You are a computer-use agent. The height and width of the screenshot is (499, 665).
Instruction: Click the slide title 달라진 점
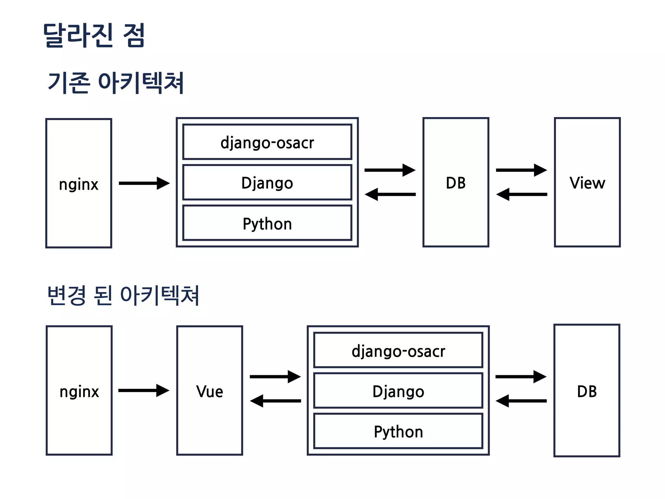pyautogui.click(x=94, y=35)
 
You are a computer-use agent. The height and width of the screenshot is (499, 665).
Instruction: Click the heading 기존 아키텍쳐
pyautogui.click(x=116, y=83)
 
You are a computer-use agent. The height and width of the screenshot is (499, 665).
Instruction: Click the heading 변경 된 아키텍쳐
pyautogui.click(x=123, y=295)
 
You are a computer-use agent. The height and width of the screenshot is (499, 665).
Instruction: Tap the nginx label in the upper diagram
pyautogui.click(x=79, y=185)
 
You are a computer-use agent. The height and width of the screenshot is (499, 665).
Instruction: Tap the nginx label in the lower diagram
pyautogui.click(x=79, y=391)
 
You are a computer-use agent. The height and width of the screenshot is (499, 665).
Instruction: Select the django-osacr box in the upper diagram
pyautogui.click(x=267, y=142)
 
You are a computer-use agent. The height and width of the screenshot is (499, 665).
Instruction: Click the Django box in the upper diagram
pyautogui.click(x=267, y=183)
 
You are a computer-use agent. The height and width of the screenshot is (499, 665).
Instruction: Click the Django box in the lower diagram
pyautogui.click(x=398, y=391)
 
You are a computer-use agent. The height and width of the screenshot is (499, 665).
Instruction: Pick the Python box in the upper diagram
pyautogui.click(x=267, y=224)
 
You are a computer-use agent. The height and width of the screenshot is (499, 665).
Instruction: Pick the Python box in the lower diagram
pyautogui.click(x=398, y=431)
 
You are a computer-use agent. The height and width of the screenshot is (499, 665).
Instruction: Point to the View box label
pyautogui.click(x=587, y=183)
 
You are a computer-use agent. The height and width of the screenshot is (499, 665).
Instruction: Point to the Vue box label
pyautogui.click(x=210, y=391)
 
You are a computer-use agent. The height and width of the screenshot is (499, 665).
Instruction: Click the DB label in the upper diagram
pyautogui.click(x=456, y=183)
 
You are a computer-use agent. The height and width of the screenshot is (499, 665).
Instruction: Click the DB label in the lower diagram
pyautogui.click(x=587, y=391)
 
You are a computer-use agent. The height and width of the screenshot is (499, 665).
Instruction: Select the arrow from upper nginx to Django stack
pyautogui.click(x=144, y=183)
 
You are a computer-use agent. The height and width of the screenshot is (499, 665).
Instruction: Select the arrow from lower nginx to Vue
pyautogui.click(x=144, y=390)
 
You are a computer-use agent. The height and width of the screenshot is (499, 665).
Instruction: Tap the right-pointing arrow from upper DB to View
pyautogui.click(x=521, y=170)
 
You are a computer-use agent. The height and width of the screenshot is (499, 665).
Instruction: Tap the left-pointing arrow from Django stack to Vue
pyautogui.click(x=275, y=401)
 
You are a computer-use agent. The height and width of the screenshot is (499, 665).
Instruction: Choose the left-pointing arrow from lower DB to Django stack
pyautogui.click(x=521, y=401)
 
